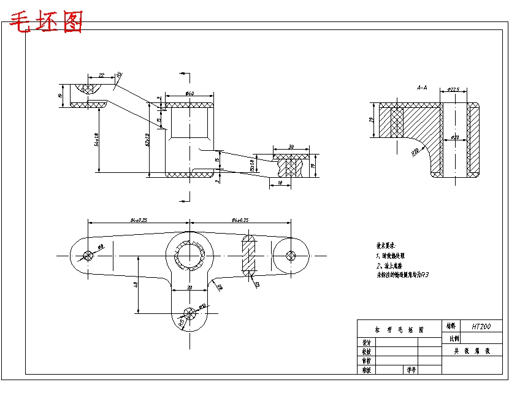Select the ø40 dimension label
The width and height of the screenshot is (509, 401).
coord(189,94)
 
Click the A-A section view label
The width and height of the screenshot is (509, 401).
coord(422,88)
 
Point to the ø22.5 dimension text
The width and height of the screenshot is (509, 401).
coord(453,90)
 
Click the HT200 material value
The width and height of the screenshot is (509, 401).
coord(481,327)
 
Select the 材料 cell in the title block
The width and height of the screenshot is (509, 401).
coord(451,327)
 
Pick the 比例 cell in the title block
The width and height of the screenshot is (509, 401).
coord(454,338)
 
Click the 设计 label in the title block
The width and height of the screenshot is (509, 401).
coord(366,343)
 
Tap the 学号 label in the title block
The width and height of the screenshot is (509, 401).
coord(410,370)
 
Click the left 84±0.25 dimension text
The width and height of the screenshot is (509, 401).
coord(139,220)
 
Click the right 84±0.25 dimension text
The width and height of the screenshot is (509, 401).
coord(240,220)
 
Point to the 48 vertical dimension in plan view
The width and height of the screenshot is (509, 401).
coord(135,285)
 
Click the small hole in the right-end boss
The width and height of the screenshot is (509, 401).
coord(290,255)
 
